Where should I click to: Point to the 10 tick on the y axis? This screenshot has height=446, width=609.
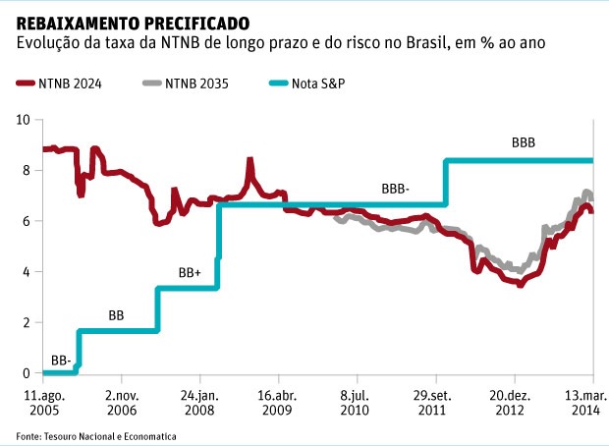25,120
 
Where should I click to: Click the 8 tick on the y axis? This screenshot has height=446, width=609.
28,171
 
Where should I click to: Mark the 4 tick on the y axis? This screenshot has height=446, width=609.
28,272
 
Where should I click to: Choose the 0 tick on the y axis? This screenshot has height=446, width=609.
28,373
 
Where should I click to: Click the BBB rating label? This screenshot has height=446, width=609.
524,142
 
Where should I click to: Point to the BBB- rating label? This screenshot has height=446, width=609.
395,188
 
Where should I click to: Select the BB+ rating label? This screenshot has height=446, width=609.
190,272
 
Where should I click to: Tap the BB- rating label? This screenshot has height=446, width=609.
60,362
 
